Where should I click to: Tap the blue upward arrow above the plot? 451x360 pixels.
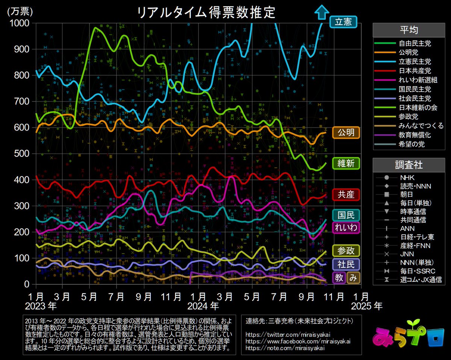(x=321, y=12)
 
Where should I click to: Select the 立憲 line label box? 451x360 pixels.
(x=343, y=22)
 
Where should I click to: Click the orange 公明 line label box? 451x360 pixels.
(x=346, y=132)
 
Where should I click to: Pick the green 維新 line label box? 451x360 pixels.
(x=346, y=163)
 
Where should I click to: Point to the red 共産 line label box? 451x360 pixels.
(x=346, y=194)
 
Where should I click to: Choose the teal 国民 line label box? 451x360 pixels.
(x=346, y=215)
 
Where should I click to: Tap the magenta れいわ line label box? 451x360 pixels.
(x=346, y=227)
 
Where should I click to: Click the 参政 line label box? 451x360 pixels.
(x=346, y=251)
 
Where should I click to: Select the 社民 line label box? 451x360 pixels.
(x=346, y=264)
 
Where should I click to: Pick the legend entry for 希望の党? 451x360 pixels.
(x=410, y=144)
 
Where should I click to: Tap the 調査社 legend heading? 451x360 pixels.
(x=409, y=165)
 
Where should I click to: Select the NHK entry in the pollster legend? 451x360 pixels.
(x=408, y=177)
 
